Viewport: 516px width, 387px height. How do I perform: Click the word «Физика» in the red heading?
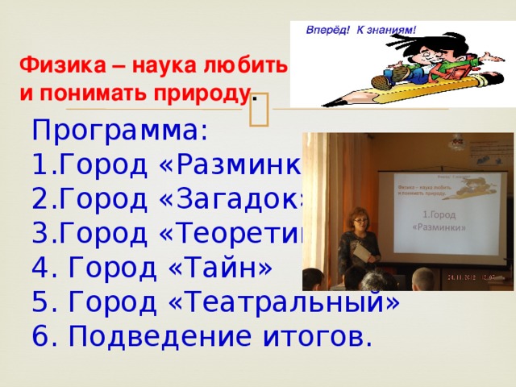(x=56, y=64)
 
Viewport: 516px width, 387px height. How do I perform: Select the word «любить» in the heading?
(x=247, y=64)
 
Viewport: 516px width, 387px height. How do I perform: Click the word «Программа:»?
(x=120, y=130)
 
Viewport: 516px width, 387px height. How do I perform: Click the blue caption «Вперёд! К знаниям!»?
(x=361, y=31)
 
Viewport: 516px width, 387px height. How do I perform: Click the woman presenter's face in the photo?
(x=354, y=220)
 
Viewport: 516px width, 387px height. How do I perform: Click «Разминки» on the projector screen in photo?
(x=439, y=227)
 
